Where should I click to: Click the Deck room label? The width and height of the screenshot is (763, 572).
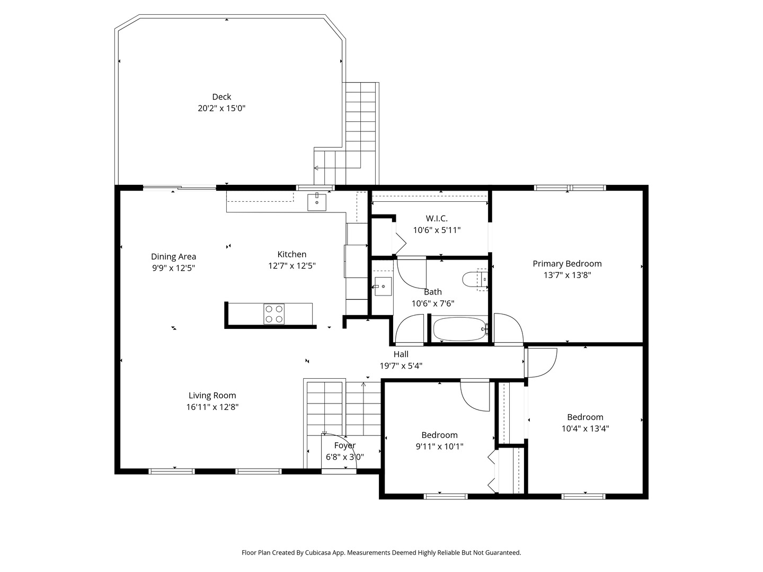pyautogui.click(x=221, y=97)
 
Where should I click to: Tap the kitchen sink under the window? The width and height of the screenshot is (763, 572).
pyautogui.click(x=317, y=202)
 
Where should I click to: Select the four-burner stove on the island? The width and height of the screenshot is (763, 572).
pyautogui.click(x=274, y=314)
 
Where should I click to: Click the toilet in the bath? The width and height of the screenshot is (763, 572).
pyautogui.click(x=475, y=279)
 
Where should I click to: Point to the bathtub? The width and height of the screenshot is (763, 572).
pyautogui.click(x=459, y=328)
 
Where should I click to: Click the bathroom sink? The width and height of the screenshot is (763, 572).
pyautogui.click(x=383, y=287)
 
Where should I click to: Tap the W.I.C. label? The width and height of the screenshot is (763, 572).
pyautogui.click(x=437, y=218)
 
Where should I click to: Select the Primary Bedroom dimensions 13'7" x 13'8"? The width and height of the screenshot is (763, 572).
pyautogui.click(x=567, y=275)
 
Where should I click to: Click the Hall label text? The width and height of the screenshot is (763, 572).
pyautogui.click(x=401, y=354)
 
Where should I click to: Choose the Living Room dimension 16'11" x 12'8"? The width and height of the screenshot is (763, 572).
pyautogui.click(x=212, y=407)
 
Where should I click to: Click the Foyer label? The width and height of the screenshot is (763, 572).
pyautogui.click(x=345, y=445)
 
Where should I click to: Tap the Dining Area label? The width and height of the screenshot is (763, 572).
pyautogui.click(x=173, y=257)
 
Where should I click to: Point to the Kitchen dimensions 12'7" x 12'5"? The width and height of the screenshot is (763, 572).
pyautogui.click(x=292, y=266)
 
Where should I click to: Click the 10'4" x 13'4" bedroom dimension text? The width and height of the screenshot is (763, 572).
pyautogui.click(x=585, y=428)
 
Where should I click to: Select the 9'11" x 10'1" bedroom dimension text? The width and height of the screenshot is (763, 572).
pyautogui.click(x=440, y=446)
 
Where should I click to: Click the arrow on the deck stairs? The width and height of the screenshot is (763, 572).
pyautogui.click(x=337, y=168)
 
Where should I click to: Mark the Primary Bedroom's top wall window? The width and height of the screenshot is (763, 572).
pyautogui.click(x=570, y=188)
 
